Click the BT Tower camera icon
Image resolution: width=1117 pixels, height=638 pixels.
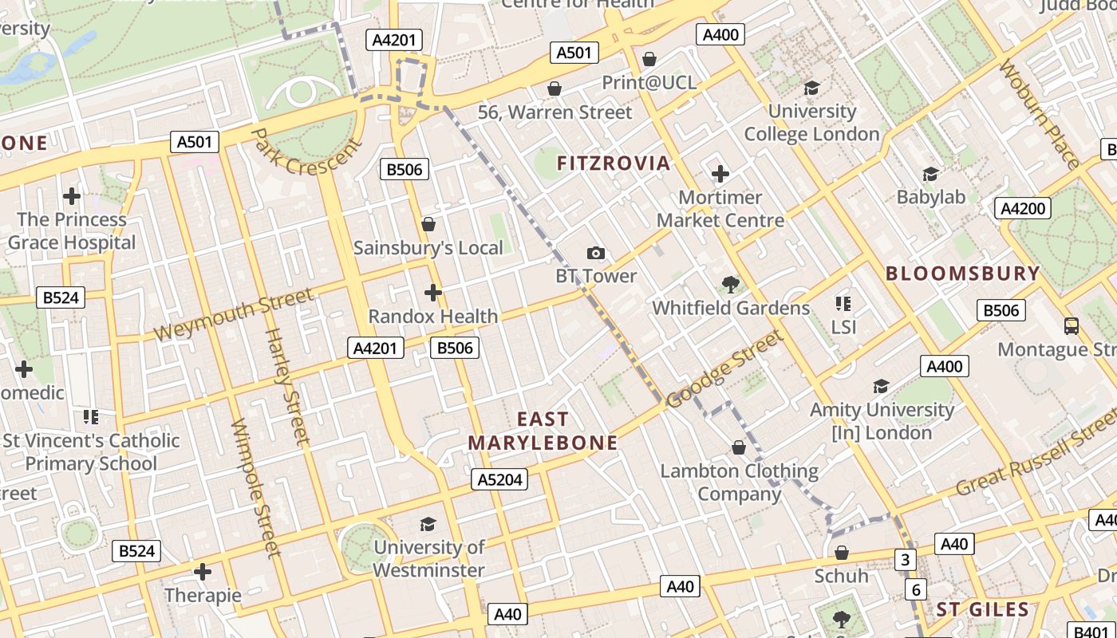595,254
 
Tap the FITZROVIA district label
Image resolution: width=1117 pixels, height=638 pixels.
614,163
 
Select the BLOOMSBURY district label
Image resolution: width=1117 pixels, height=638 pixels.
963,274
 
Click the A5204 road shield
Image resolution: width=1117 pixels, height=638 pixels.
500,479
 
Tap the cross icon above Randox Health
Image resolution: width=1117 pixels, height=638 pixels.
433,293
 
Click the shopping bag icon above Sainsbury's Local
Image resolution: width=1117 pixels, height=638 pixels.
428,224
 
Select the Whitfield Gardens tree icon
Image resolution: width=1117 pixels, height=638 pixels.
730,284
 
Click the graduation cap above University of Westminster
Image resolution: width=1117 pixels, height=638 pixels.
428,524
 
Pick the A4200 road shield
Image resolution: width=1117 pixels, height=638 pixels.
1023,209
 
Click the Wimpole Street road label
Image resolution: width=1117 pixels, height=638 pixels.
256,488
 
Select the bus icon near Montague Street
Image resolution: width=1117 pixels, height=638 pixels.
1072,325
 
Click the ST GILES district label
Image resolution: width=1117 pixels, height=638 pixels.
983,610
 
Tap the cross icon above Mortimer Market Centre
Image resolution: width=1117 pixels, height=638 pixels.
720,174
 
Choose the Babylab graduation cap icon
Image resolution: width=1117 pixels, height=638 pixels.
930,174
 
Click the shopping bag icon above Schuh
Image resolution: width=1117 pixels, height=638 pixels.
841,553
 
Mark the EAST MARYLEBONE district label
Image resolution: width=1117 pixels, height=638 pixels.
543,431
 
